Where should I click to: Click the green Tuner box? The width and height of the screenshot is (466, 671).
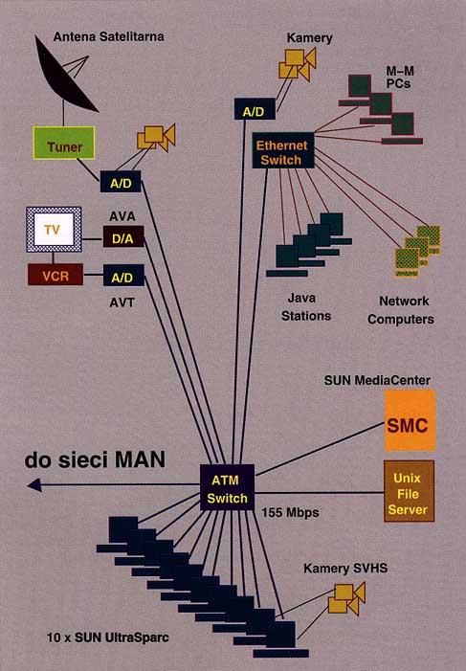point(64,143)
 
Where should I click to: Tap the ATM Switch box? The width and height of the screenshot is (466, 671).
point(227,487)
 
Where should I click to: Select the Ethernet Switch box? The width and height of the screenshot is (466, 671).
point(283,150)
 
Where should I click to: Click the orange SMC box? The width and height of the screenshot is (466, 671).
point(410,420)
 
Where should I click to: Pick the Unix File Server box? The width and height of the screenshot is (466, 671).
point(409,491)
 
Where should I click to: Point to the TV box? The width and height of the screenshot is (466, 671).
point(54,230)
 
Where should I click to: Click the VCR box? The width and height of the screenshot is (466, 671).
point(55,275)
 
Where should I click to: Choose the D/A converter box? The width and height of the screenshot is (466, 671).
point(123,237)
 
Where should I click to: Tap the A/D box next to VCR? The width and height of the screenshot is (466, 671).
point(123,275)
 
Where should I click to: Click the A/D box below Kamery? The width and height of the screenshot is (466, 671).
point(255,109)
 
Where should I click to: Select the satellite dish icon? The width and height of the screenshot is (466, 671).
point(65,75)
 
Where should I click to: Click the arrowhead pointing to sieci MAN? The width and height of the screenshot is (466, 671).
point(34,485)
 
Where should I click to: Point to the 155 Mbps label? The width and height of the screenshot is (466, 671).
point(290,512)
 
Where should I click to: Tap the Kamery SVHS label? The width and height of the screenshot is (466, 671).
point(345,569)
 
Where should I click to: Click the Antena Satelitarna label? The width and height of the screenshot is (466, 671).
point(109,36)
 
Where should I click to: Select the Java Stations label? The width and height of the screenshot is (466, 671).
point(306,307)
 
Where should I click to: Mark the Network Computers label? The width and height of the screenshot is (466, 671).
point(401,310)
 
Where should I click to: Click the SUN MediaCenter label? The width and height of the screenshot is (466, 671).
point(377,380)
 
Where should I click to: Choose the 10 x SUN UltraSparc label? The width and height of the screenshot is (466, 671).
point(108,637)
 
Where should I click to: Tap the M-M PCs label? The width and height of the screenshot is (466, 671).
point(400,77)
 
